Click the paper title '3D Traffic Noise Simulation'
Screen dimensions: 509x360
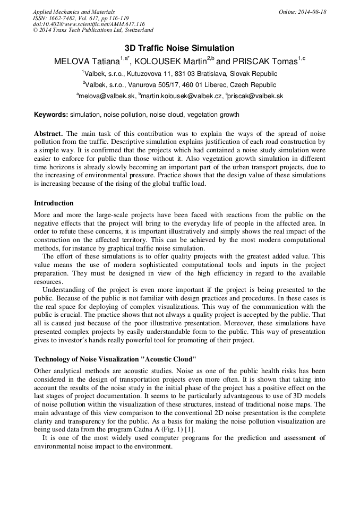coord(179,48)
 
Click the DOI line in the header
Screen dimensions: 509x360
coord(89,24)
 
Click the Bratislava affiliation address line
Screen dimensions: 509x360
coord(179,74)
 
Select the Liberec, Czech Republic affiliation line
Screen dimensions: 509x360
coord(179,85)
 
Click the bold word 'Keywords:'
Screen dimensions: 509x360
coord(51,115)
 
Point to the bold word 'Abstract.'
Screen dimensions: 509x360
coord(48,134)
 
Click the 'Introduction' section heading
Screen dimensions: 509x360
coord(54,203)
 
